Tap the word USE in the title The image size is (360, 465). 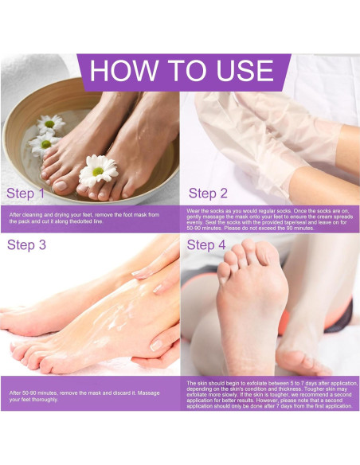(245, 70)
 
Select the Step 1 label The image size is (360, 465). (25, 193)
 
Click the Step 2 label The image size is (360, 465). (208, 193)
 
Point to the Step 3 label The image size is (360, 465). (26, 245)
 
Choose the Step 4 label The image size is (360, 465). (206, 245)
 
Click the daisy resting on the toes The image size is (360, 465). (99, 170)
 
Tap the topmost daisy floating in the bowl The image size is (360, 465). (50, 123)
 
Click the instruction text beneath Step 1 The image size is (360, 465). (84, 218)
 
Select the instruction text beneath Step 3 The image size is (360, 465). (84, 397)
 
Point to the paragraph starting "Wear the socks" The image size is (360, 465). (270, 220)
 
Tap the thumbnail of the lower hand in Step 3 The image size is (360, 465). (156, 346)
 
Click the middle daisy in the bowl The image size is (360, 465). (45, 144)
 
